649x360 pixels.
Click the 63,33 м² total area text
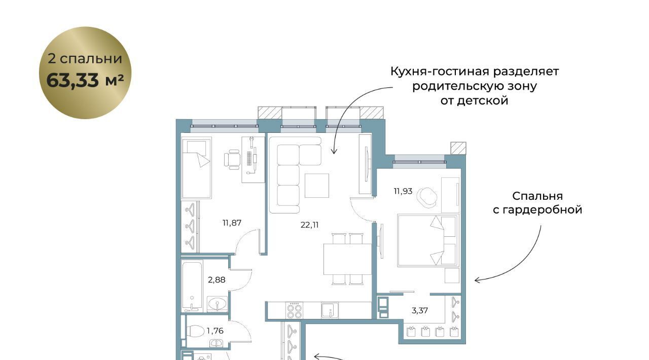85,80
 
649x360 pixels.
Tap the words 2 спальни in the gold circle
85,58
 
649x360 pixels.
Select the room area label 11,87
232,223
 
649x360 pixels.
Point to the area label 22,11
309,225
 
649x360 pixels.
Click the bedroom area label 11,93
403,191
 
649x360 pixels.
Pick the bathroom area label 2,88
217,280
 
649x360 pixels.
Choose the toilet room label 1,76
215,331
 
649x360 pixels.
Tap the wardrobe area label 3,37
419,311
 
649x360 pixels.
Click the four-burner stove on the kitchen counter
295,311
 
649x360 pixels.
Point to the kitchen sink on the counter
330,310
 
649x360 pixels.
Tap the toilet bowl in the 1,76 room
196,331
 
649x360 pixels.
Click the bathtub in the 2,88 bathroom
192,285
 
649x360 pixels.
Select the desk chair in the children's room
232,159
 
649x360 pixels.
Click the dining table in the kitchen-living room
347,259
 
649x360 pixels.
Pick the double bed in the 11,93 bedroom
427,240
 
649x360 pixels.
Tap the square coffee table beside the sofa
317,186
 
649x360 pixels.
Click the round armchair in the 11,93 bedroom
427,197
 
